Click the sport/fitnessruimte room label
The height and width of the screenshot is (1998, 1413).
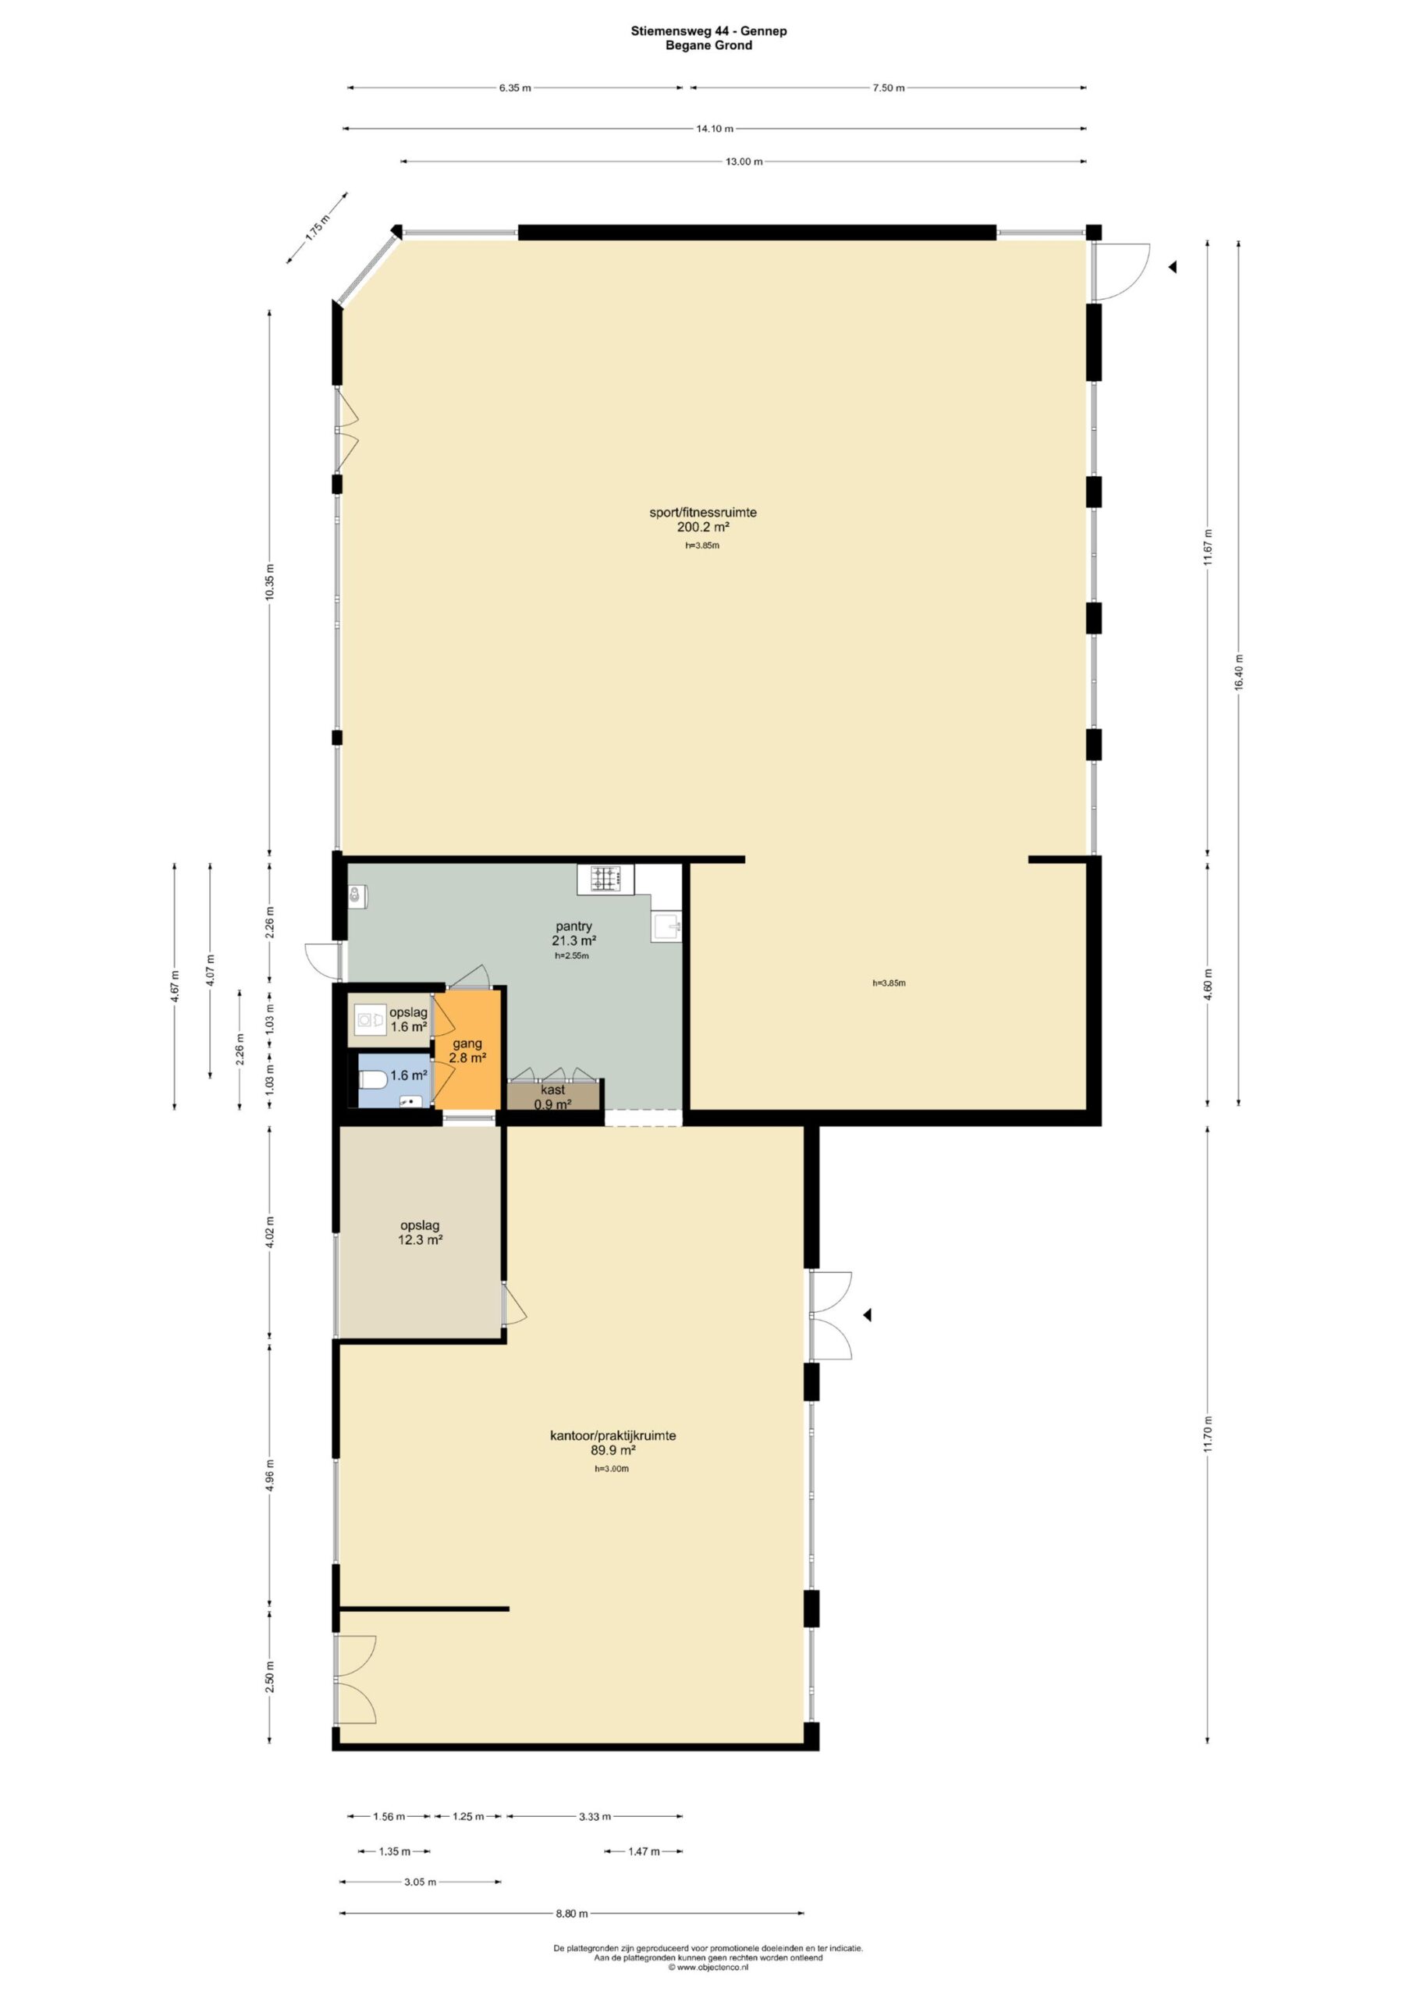pyautogui.click(x=703, y=513)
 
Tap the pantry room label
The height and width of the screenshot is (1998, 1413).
pyautogui.click(x=573, y=926)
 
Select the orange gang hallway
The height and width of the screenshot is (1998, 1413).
pyautogui.click(x=467, y=1051)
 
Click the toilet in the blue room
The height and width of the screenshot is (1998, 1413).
pyautogui.click(x=372, y=1081)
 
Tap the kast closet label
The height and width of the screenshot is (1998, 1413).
pyautogui.click(x=552, y=1090)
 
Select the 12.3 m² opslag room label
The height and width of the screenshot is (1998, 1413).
pyautogui.click(x=421, y=1232)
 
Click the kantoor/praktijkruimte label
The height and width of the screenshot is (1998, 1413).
pyautogui.click(x=612, y=1436)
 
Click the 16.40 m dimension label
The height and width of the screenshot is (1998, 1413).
pyautogui.click(x=1239, y=673)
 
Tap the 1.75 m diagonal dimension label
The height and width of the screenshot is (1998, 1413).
pyautogui.click(x=318, y=227)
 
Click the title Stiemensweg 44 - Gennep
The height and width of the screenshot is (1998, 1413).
pyautogui.click(x=709, y=31)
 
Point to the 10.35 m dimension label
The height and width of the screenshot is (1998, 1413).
pyautogui.click(x=270, y=581)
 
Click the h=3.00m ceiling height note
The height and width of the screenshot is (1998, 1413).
pyautogui.click(x=612, y=1469)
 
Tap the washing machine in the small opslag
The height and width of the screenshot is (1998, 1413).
pyautogui.click(x=371, y=1019)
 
